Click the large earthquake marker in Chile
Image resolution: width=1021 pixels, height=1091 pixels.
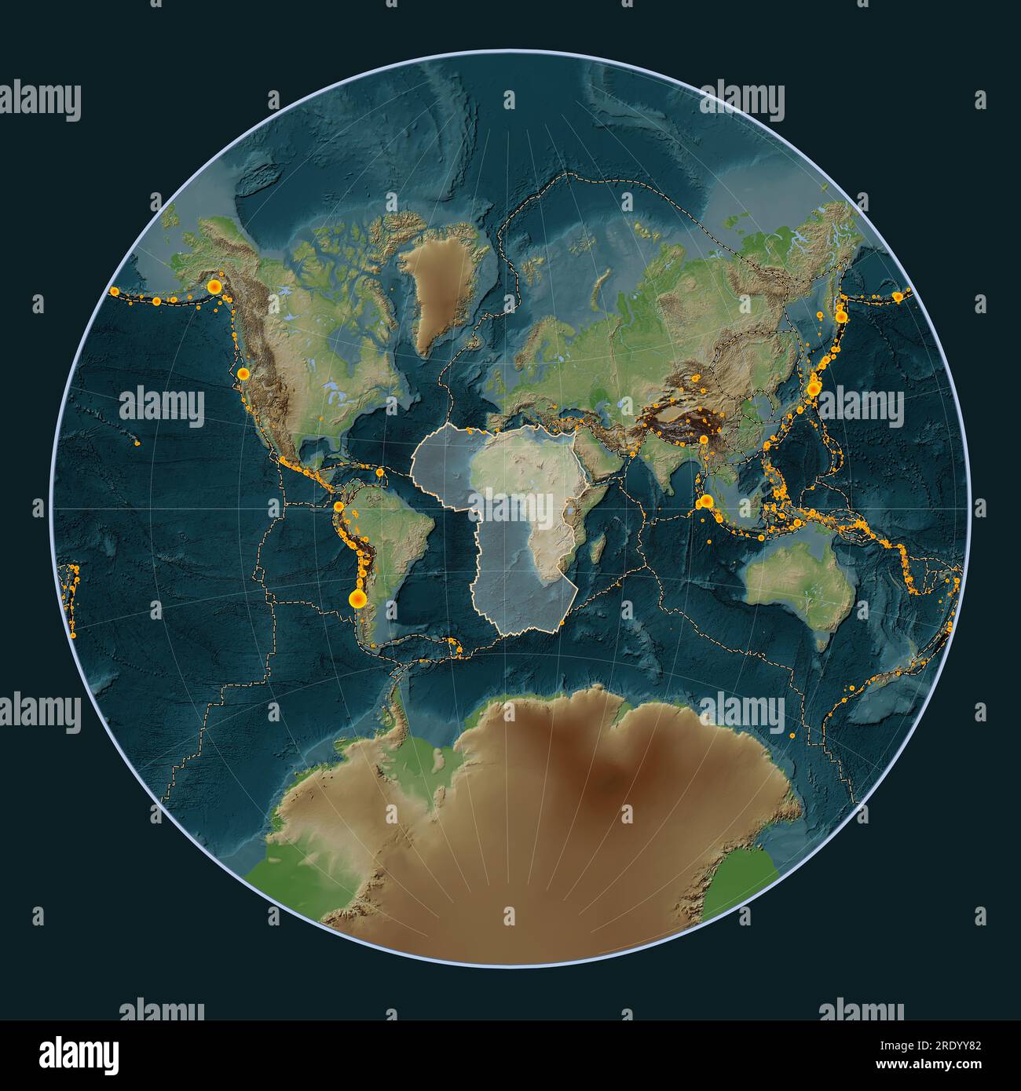pyautogui.click(x=357, y=600)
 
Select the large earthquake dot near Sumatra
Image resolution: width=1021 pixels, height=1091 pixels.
pyautogui.click(x=706, y=501)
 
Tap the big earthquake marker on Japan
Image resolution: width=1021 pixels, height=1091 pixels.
pyautogui.click(x=814, y=387)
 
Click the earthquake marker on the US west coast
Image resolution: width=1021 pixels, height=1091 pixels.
pyautogui.click(x=243, y=374)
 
